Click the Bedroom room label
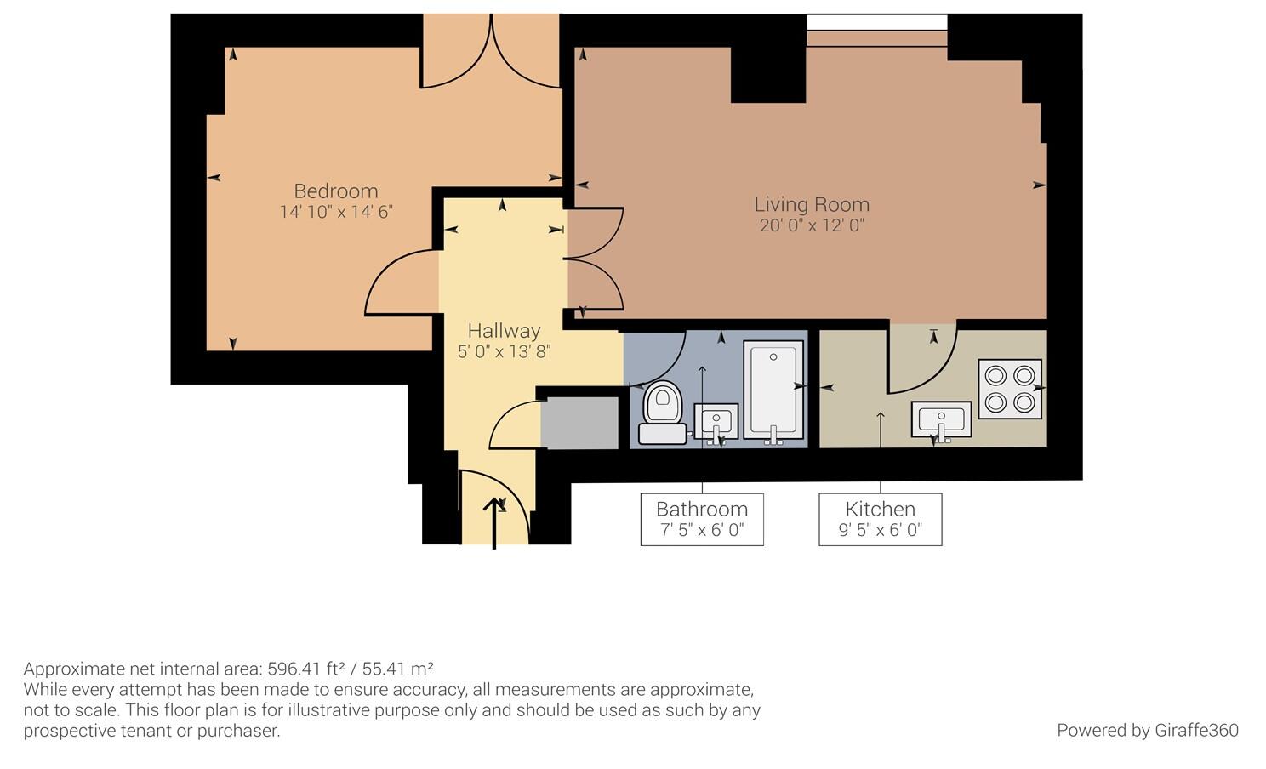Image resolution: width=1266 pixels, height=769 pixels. coord(336,191)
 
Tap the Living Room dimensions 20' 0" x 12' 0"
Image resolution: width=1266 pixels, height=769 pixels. coord(812,225)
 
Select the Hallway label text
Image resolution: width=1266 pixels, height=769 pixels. coord(505,331)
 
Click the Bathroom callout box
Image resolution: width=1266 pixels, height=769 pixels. coord(702,519)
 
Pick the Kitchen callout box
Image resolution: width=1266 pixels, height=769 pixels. coord(880,519)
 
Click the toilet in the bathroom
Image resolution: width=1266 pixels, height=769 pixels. coord(663,413)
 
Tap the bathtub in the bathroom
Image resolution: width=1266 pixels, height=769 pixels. coord(773,390)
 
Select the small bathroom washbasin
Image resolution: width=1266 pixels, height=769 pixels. coord(716,422)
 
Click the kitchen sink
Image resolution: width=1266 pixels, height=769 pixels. coord(941,419)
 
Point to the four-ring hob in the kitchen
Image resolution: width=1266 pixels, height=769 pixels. coord(1010,389)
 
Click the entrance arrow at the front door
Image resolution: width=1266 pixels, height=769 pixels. coord(494,523)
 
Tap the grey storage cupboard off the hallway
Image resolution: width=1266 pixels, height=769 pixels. coord(579,423)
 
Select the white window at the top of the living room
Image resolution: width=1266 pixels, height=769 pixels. coord(876,23)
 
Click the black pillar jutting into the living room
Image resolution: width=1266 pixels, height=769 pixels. coord(768,75)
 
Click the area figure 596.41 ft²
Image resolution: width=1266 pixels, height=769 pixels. coord(305,669)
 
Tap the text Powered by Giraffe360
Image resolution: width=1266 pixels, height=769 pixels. coord(1147,731)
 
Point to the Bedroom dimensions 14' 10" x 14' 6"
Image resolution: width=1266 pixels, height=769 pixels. coord(336,212)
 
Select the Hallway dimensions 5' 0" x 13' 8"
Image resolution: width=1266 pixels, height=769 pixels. coord(505,351)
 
